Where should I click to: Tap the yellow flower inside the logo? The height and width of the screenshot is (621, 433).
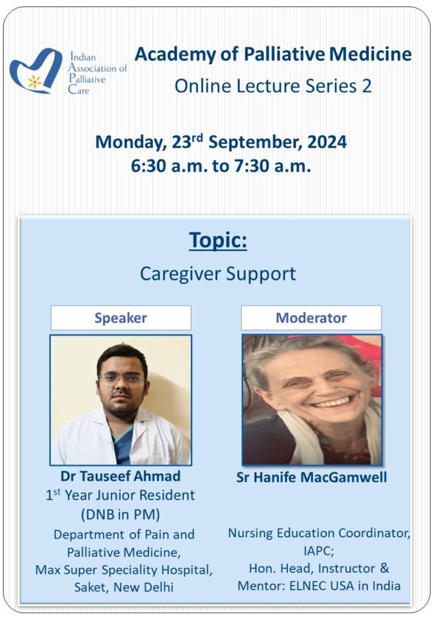click(35, 82)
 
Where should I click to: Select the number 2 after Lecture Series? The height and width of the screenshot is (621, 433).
click(366, 86)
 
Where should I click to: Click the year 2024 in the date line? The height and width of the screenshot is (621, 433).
click(327, 142)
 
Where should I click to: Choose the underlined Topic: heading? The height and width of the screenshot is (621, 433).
click(218, 240)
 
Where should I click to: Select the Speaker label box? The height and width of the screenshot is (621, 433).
click(121, 318)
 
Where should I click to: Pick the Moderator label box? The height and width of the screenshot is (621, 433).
click(311, 318)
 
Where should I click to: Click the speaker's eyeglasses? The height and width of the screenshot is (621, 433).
click(122, 380)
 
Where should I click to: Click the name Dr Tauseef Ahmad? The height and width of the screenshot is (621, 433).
click(121, 476)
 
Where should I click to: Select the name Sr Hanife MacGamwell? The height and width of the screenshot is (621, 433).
click(311, 477)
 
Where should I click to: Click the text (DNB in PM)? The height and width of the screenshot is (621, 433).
click(121, 514)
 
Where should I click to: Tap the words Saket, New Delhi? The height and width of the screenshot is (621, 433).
click(124, 587)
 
